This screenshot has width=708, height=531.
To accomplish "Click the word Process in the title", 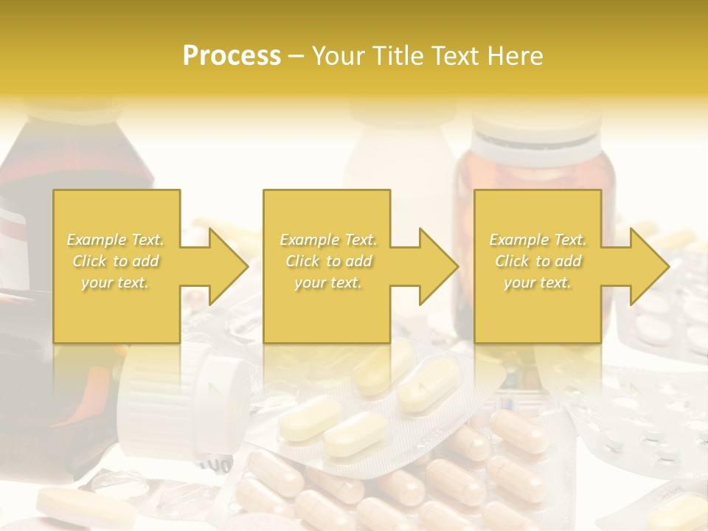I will coord(232,56).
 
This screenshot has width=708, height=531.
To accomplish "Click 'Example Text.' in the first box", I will coord(116,240).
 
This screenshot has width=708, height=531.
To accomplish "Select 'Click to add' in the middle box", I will coord(328,261).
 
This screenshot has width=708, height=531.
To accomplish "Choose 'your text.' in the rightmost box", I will coord(538,282).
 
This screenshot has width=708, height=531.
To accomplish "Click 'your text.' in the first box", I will coord(116,282).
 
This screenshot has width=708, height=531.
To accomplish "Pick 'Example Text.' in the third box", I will coord(538,240).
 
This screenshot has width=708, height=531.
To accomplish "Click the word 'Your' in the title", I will coord(340,56).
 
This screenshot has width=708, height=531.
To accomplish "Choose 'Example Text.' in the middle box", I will coord(328,240).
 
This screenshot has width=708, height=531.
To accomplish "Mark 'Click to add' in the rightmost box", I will coord(538,261).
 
